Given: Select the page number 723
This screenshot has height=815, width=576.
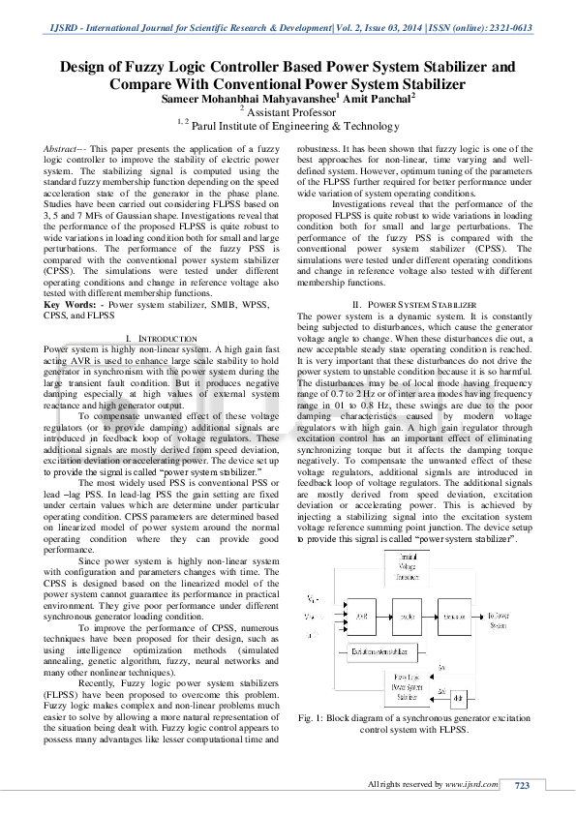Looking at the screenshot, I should click(521, 785).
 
